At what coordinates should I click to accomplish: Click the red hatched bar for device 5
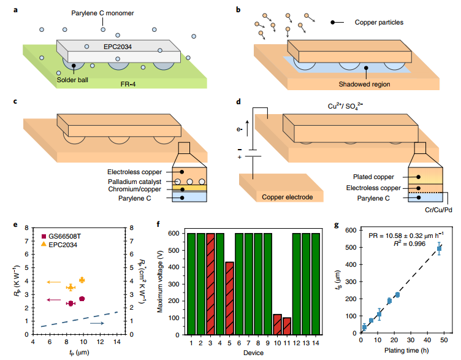click(x=229, y=298)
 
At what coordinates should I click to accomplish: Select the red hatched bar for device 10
click(x=277, y=324)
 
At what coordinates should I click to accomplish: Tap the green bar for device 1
click(x=191, y=284)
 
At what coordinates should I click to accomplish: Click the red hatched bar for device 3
click(x=210, y=284)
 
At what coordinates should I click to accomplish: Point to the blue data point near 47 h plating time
click(x=439, y=248)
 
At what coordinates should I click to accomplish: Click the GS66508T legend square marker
click(x=44, y=236)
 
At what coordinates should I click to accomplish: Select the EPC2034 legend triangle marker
click(x=44, y=244)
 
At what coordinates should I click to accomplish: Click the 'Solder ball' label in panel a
click(x=72, y=80)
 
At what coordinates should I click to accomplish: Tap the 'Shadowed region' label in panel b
click(x=364, y=84)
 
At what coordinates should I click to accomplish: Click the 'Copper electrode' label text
click(x=288, y=197)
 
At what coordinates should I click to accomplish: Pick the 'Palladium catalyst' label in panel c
click(x=135, y=182)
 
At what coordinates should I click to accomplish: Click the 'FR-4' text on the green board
click(x=128, y=84)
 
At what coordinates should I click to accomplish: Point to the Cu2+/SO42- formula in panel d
click(x=345, y=106)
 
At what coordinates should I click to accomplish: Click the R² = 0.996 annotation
click(x=410, y=243)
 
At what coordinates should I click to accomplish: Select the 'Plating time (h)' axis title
click(x=406, y=350)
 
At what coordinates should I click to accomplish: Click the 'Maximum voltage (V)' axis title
click(x=159, y=281)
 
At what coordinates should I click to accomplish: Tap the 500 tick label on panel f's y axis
click(x=173, y=250)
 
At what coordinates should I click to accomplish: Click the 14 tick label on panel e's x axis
click(x=117, y=342)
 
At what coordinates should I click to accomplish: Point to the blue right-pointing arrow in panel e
click(x=97, y=323)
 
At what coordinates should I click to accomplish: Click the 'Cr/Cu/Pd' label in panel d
click(x=438, y=210)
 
